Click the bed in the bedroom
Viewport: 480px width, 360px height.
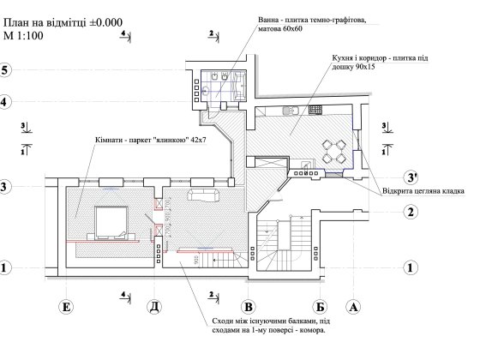pyautogui.click(x=111, y=221)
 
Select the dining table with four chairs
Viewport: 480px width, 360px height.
pyautogui.click(x=334, y=153)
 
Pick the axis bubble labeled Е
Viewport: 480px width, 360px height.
pyautogui.click(x=65, y=305)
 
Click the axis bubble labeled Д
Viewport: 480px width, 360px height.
pyautogui.click(x=153, y=305)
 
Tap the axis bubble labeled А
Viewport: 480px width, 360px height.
pyautogui.click(x=351, y=305)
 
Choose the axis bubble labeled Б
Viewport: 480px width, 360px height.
pyautogui.click(x=318, y=305)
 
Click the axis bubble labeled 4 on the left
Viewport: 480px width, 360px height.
pyautogui.click(x=6, y=102)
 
